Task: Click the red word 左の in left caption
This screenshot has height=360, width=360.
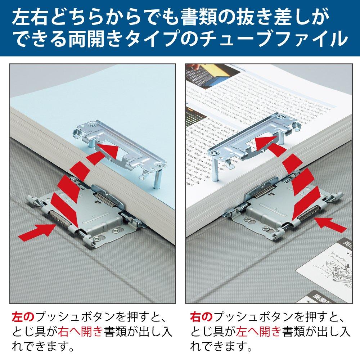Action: pyautogui.click(x=23, y=317)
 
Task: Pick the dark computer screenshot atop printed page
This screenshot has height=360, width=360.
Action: pyautogui.click(x=203, y=77)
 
